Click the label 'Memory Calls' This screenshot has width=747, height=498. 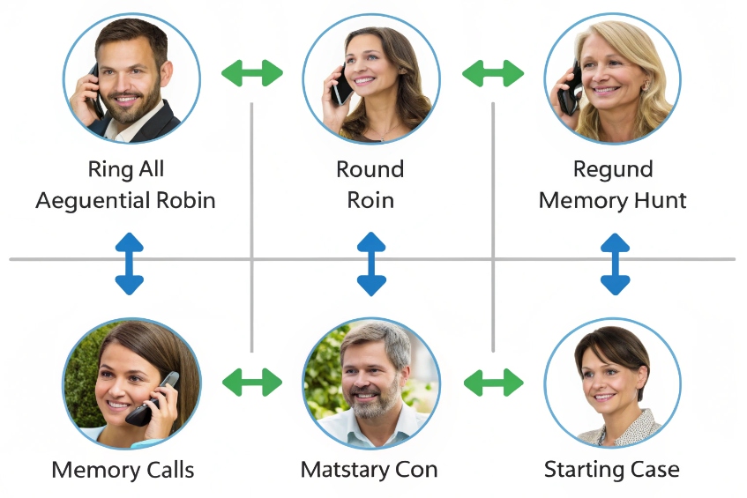[x=123, y=469]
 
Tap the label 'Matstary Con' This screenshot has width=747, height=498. [x=369, y=469]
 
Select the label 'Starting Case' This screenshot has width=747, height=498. [x=611, y=469]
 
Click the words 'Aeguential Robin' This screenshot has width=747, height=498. [x=125, y=201]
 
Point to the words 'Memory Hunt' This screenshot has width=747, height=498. [x=612, y=201]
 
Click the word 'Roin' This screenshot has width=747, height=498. [x=370, y=201]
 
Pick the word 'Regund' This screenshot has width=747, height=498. [x=612, y=169]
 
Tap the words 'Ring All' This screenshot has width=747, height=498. [x=125, y=169]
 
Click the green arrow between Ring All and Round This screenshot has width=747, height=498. [x=251, y=73]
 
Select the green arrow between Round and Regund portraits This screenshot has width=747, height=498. [x=493, y=73]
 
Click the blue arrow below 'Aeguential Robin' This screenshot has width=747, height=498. [x=129, y=264]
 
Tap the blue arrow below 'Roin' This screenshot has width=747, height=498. [x=371, y=264]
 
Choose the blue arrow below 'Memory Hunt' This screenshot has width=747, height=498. [x=615, y=264]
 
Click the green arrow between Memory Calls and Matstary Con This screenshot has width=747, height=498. [x=251, y=383]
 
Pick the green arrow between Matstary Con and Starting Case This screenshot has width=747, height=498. [x=493, y=383]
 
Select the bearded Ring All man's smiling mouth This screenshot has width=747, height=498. [x=129, y=97]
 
